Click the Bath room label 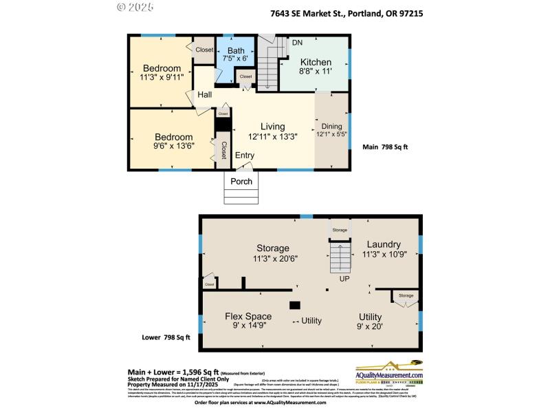[236, 50]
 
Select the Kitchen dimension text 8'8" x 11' [316, 71]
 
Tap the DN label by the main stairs [297, 43]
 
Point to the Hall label [205, 95]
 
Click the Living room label [272, 126]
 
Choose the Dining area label [331, 126]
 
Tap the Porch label [241, 181]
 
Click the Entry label [244, 156]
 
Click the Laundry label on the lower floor [384, 244]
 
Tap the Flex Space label [248, 316]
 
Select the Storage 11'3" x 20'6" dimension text [273, 258]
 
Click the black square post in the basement [294, 305]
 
